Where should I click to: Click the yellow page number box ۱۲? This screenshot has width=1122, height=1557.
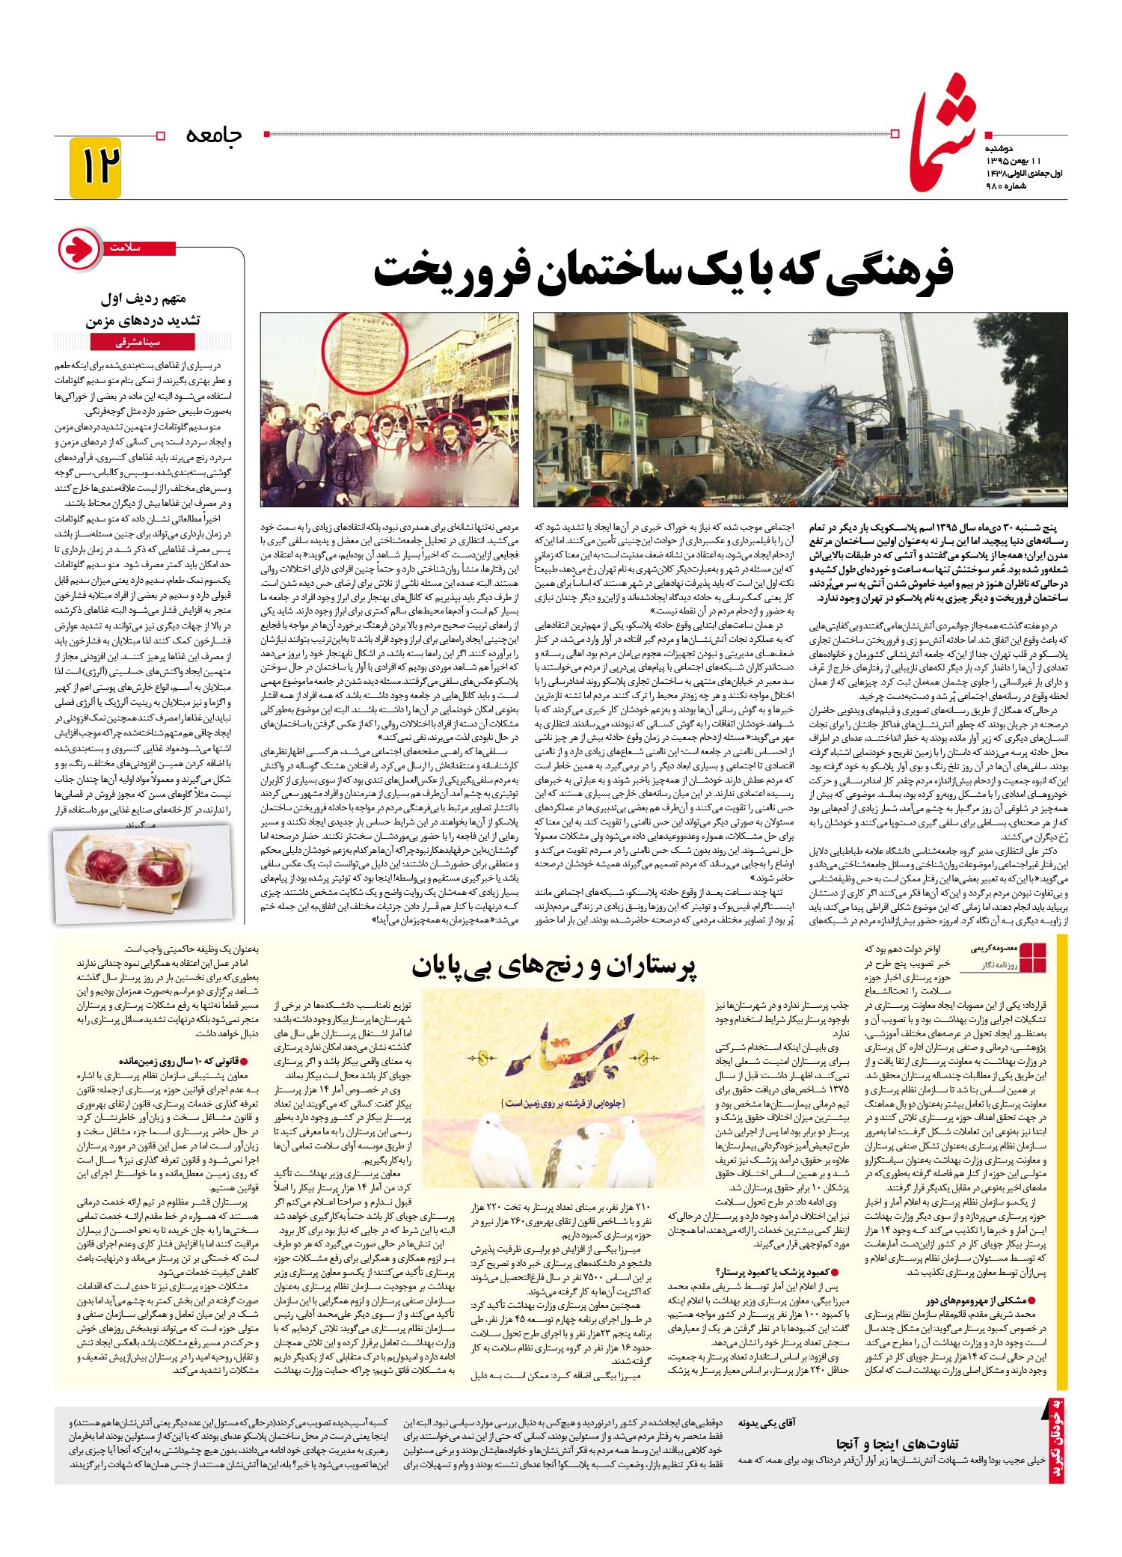[x=94, y=168]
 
